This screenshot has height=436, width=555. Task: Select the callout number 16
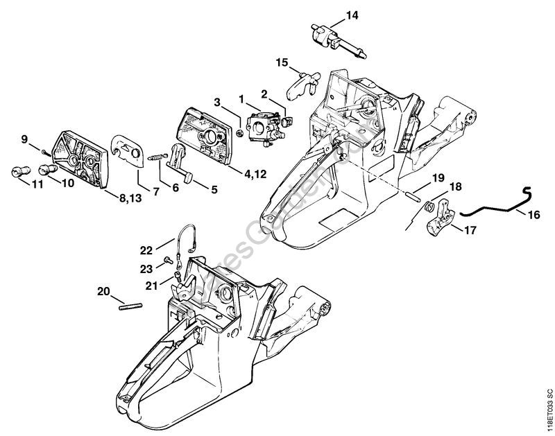[x=533, y=215]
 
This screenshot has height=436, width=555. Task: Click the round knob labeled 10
[x=47, y=168]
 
